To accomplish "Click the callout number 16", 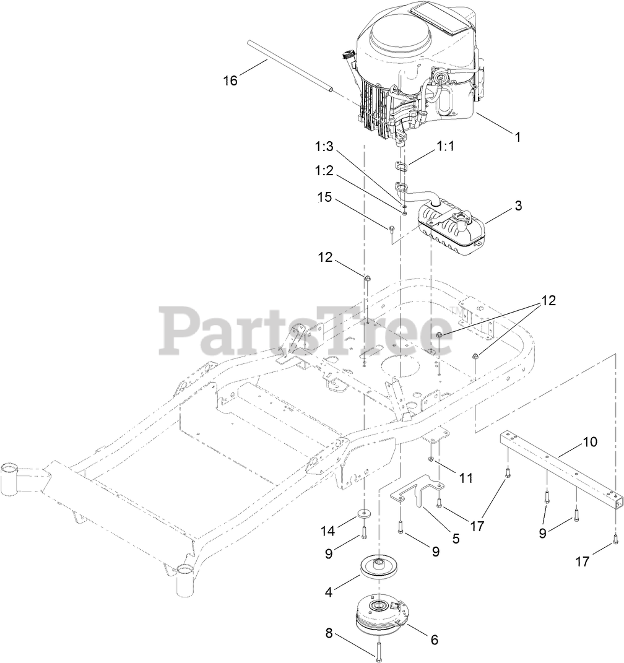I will [230, 81].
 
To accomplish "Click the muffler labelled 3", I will [452, 228].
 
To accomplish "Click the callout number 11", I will [466, 477].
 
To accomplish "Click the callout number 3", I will [518, 206].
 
